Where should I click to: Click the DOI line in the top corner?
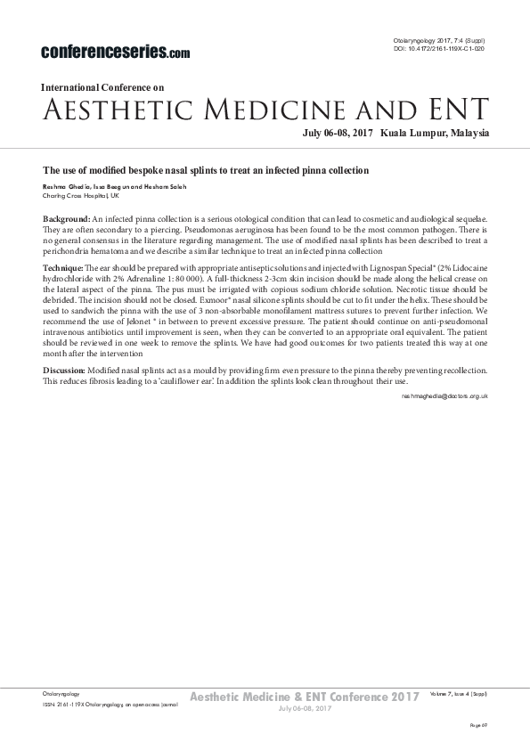(440, 49)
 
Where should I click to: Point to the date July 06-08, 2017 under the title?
(335, 134)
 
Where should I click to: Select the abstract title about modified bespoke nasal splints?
(206, 169)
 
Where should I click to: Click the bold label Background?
(67, 219)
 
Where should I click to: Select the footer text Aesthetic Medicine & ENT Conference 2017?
(306, 695)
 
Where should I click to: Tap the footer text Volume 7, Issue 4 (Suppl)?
(457, 692)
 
